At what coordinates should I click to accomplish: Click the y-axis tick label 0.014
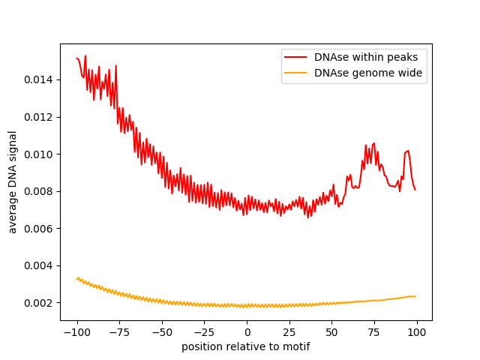tap(40, 79)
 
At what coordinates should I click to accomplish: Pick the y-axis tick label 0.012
tap(40, 117)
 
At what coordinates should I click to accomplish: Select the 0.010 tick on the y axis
tap(40, 154)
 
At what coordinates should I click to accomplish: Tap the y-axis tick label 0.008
tap(40, 191)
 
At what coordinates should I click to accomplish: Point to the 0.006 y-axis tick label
tap(40, 228)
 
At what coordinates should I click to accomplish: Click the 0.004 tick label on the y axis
tap(40, 265)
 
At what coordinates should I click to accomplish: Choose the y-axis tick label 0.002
tap(40, 303)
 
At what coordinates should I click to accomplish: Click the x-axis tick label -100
tap(76, 332)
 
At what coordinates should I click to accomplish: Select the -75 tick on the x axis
tap(119, 332)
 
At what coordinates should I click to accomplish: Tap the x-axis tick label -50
tap(162, 332)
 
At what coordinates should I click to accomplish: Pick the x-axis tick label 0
tap(247, 332)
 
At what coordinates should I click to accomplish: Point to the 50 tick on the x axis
tap(332, 332)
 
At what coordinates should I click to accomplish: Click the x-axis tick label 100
tap(417, 332)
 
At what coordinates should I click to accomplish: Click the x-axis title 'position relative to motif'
tap(246, 346)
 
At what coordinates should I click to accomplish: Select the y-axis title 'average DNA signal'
tap(13, 181)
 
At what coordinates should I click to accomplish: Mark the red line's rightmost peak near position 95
tap(408, 151)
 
